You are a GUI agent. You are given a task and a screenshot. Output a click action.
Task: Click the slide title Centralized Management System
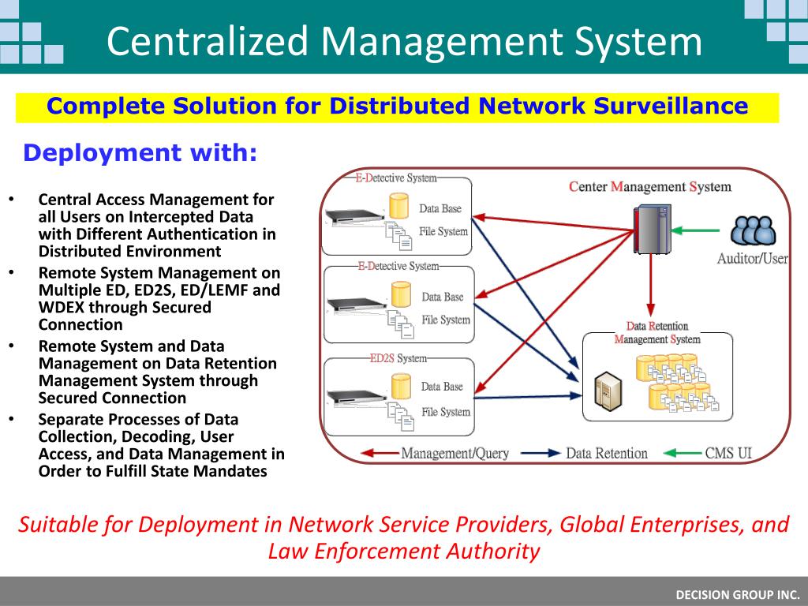click(404, 41)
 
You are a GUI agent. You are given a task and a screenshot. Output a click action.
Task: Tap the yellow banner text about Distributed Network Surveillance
click(397, 107)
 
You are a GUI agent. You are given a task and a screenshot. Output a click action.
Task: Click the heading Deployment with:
click(140, 152)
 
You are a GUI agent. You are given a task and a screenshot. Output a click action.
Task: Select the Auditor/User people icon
click(753, 230)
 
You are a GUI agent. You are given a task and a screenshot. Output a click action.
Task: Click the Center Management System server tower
click(652, 229)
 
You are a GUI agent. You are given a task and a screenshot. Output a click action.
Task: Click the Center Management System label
click(649, 187)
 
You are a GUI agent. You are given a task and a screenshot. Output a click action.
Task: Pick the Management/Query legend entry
click(454, 453)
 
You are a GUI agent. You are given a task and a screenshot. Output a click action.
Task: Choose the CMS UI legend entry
click(728, 453)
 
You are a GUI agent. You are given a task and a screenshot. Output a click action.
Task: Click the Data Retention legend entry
click(606, 453)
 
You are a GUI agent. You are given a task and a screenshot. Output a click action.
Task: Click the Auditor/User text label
click(752, 259)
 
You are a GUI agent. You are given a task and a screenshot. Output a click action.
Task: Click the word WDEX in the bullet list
click(60, 307)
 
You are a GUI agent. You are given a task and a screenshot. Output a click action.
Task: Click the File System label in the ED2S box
click(445, 412)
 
